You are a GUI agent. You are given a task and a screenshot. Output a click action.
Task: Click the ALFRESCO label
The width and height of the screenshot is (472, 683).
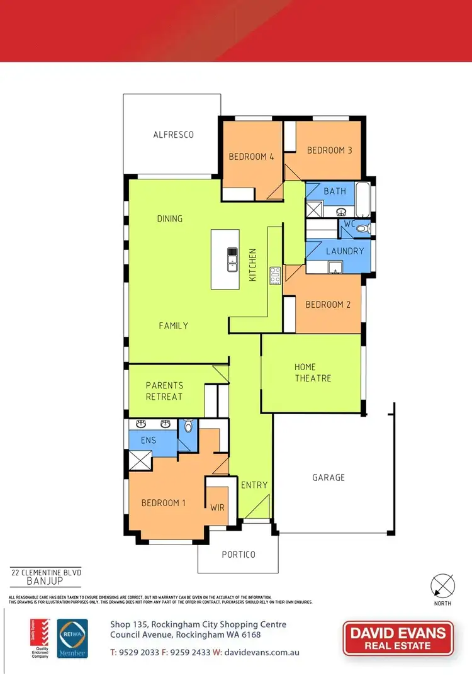coord(173,135)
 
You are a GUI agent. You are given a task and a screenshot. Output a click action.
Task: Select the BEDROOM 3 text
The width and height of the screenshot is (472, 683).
coord(329,150)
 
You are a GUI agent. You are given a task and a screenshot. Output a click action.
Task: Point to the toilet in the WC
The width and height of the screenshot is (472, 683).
coord(362,229)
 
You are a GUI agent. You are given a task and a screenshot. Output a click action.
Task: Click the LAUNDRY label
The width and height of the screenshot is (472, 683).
coord(345,251)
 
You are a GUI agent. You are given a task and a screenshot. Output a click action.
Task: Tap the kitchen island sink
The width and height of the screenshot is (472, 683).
coord(232,259)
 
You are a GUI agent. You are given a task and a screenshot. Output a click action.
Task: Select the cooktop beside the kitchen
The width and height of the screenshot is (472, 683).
coord(275,276)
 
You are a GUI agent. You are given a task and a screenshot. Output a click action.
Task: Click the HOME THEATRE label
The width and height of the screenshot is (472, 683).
coord(313,373)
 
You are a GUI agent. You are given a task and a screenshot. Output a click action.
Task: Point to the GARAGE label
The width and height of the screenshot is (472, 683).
coord(329,478)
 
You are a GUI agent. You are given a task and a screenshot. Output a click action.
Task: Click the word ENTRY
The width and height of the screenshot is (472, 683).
coord(254,485)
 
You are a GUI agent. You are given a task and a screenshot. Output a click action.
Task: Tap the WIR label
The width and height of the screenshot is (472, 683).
coord(218,507)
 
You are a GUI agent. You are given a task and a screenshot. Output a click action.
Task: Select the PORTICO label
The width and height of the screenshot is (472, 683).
coord(239,555)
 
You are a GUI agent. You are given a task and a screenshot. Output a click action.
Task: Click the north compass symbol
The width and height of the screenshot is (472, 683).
coord(442,587)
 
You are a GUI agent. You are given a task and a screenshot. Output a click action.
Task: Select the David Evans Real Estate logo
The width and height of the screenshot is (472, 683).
coord(398,638)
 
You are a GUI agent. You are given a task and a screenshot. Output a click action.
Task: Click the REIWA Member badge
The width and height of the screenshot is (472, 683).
coord(72,638)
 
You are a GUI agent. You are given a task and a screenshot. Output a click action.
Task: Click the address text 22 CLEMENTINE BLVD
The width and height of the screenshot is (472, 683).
coord(46,573)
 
